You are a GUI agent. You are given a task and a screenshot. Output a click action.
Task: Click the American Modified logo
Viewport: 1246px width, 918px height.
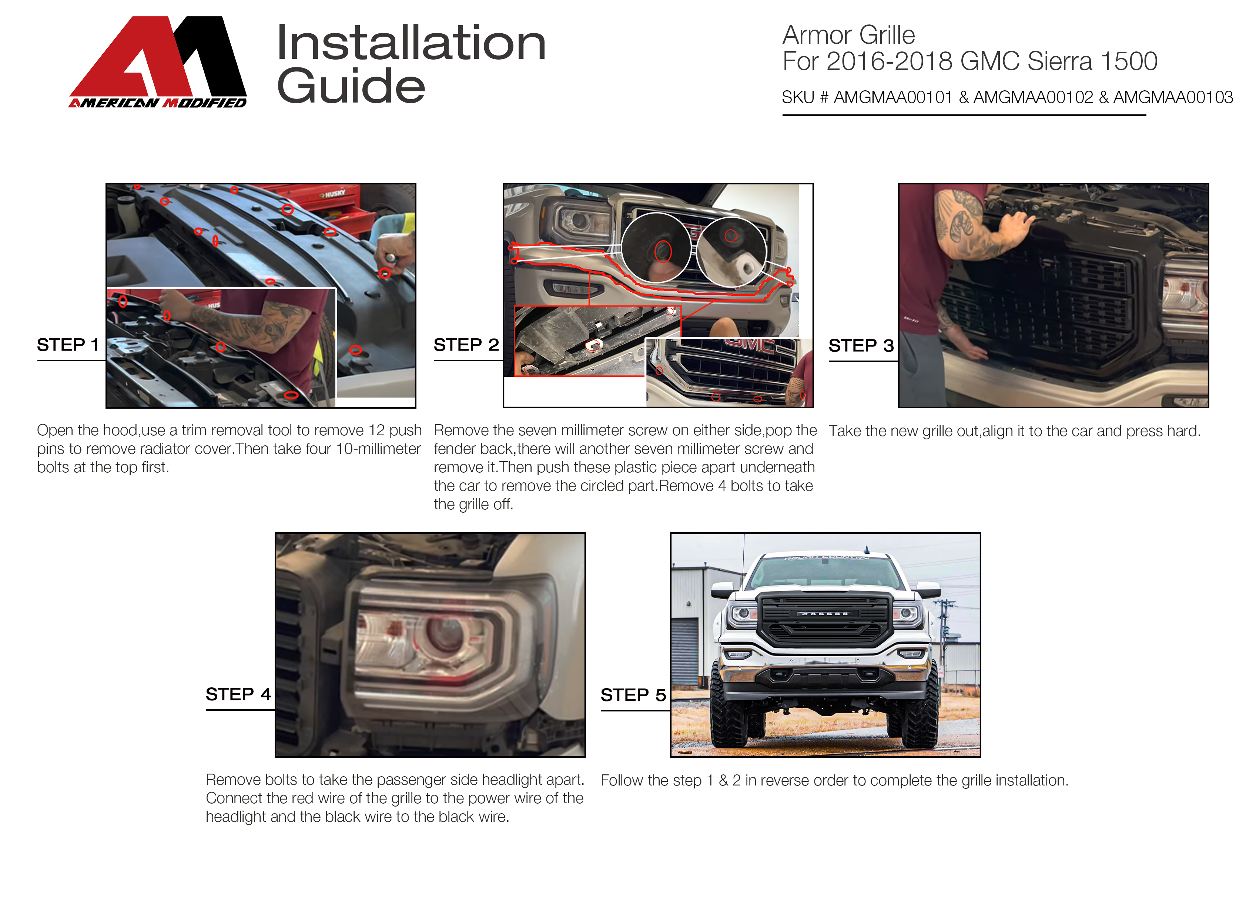[158, 62]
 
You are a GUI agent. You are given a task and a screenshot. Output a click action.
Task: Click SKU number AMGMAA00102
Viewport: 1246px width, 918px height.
[1033, 97]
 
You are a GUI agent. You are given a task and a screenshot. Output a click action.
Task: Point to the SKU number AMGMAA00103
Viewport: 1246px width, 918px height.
[1173, 97]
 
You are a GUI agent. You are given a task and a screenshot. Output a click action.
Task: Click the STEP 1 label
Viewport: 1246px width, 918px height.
[68, 345]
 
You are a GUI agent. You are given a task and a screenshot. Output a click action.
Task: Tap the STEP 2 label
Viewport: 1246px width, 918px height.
[466, 345]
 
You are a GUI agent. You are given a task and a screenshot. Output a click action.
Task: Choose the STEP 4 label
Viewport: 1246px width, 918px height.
[238, 694]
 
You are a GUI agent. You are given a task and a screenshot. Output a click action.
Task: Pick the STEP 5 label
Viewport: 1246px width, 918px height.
[633, 695]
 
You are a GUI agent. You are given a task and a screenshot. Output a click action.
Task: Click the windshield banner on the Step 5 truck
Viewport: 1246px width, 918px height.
[826, 557]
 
